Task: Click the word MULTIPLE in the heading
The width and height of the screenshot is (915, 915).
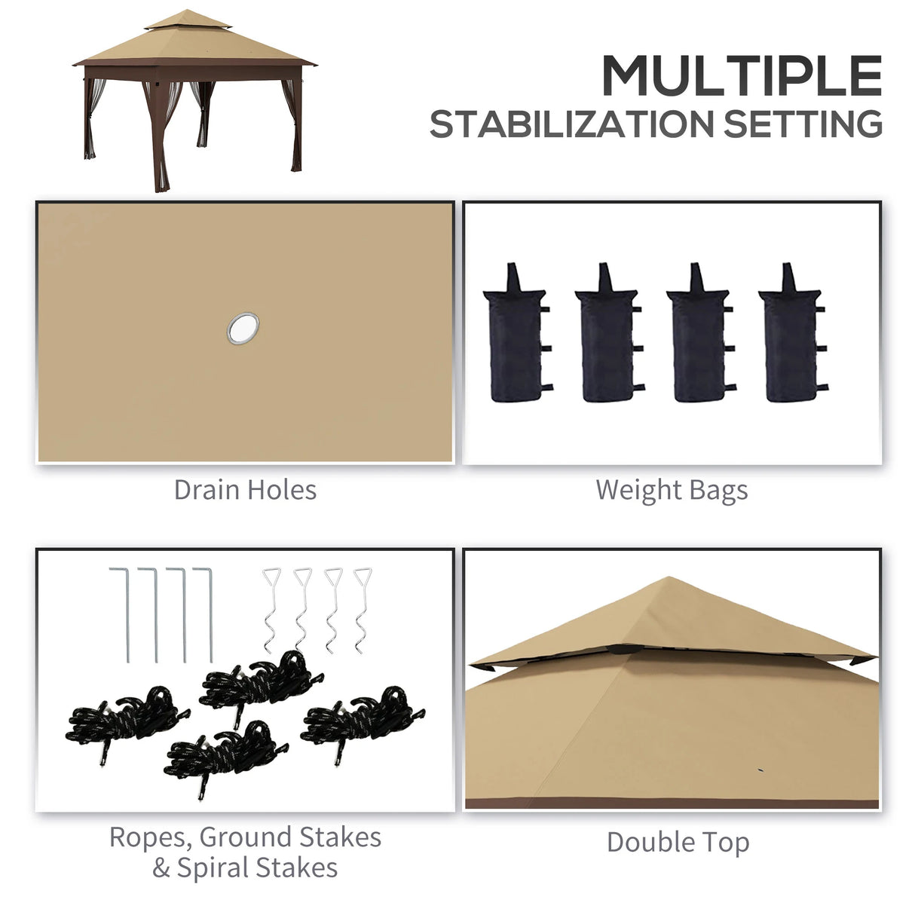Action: point(742,75)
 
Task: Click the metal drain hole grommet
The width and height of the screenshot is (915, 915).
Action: point(243,328)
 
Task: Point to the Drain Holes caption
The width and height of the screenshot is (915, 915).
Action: point(245,490)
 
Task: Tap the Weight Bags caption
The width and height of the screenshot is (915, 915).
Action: point(672,490)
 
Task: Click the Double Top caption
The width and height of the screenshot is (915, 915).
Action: point(678,843)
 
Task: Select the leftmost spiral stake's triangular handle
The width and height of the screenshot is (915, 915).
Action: point(272,578)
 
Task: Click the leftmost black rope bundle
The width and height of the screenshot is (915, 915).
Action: point(127,716)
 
